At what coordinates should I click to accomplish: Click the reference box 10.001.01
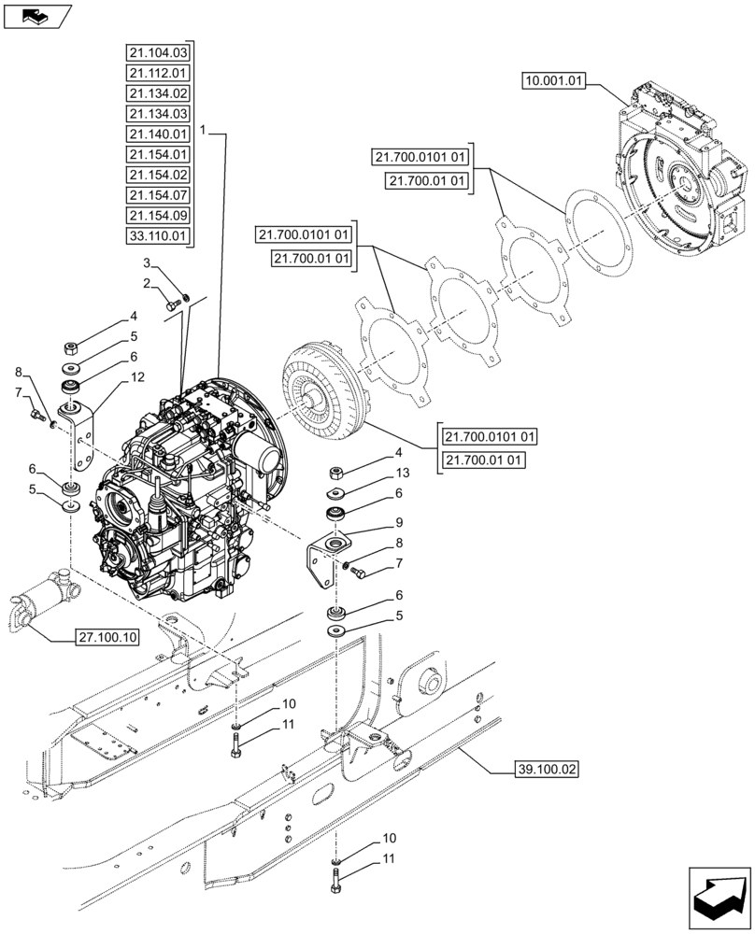pos(554,82)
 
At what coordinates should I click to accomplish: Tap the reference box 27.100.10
pos(107,638)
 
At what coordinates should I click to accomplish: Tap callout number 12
pos(138,377)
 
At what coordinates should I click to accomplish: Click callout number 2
pos(147,283)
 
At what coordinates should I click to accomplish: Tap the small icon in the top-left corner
pos(36,15)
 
